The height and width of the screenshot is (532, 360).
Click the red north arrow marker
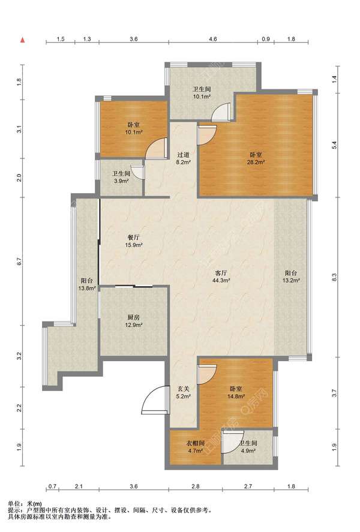[23, 40]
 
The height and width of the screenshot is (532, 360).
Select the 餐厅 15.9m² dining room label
[133, 241]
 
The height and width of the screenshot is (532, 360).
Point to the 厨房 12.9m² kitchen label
[133, 321]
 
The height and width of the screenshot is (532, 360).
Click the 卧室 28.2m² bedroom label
[256, 158]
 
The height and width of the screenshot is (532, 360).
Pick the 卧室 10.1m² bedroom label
[133, 128]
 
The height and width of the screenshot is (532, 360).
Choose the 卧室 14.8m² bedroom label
[236, 392]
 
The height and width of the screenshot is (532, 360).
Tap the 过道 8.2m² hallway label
[183, 158]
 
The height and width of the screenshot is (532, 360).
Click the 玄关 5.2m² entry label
[183, 392]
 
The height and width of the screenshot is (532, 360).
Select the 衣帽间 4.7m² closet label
[196, 447]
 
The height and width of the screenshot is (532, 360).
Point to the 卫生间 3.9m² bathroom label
[121, 177]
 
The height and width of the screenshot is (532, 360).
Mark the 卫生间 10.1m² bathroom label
[202, 92]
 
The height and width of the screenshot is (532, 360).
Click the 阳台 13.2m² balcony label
[291, 276]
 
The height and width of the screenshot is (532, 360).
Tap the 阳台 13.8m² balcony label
[87, 284]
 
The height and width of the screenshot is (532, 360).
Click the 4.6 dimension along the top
[213, 39]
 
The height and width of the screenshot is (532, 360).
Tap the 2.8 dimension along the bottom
[195, 486]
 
